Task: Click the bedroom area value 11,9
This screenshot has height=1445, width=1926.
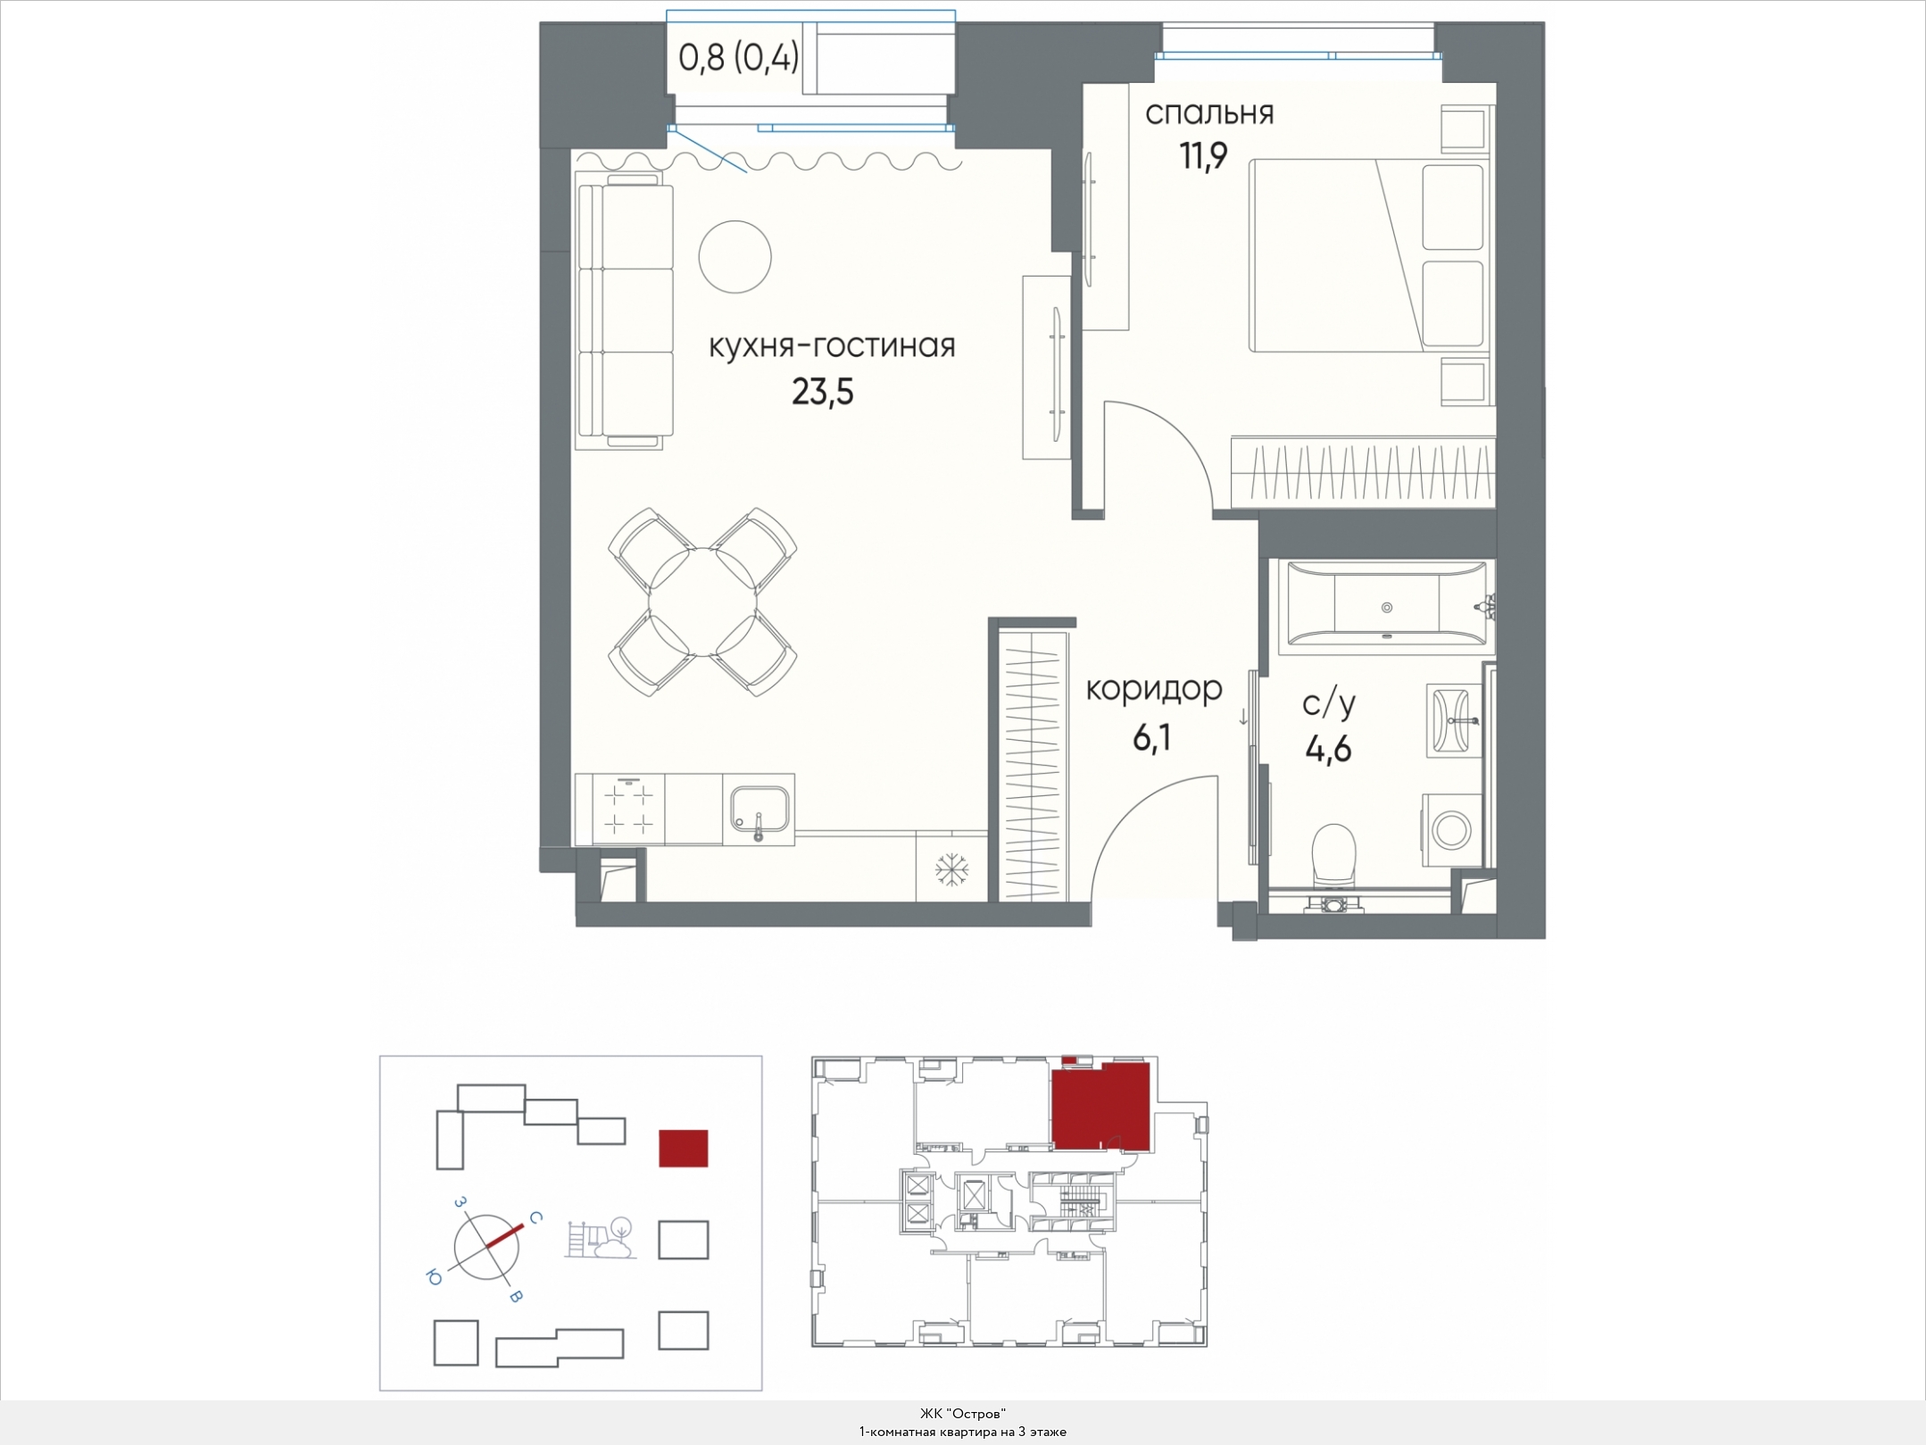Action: (x=1204, y=156)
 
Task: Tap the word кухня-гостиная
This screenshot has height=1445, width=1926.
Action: (x=832, y=345)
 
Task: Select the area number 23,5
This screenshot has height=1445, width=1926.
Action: (x=823, y=391)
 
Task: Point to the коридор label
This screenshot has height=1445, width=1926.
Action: (x=1154, y=690)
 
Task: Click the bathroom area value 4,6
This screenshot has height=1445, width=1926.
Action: (x=1328, y=749)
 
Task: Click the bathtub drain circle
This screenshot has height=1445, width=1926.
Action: (x=1387, y=607)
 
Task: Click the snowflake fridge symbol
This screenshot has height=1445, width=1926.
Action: (x=951, y=869)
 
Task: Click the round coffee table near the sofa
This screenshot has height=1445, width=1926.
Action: (x=735, y=257)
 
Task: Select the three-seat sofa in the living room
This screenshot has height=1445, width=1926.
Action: (x=624, y=310)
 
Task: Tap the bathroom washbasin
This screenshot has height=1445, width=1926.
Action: (x=1454, y=720)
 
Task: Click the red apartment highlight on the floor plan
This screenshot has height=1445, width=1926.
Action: (x=1100, y=1105)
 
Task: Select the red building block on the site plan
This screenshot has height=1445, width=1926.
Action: (x=684, y=1149)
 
